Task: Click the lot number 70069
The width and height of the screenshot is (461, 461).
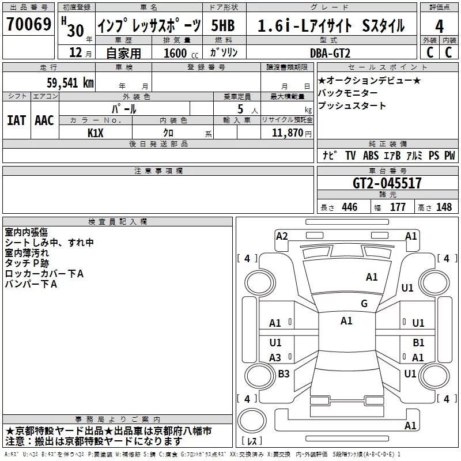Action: pyautogui.click(x=29, y=25)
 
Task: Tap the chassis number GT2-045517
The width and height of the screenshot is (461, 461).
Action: pyautogui.click(x=387, y=183)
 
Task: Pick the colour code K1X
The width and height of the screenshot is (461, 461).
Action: pyautogui.click(x=96, y=132)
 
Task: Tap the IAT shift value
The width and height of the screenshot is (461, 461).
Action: pyautogui.click(x=17, y=120)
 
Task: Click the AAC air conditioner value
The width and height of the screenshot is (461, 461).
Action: pyautogui.click(x=44, y=120)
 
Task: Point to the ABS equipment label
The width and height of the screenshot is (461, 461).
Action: pyautogui.click(x=371, y=156)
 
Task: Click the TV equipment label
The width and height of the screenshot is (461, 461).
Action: pyautogui.click(x=350, y=156)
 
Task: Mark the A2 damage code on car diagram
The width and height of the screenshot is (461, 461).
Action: pyautogui.click(x=282, y=236)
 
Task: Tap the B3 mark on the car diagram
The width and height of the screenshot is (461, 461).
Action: pyautogui.click(x=284, y=374)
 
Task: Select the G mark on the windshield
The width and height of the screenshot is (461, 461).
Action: pyautogui.click(x=364, y=304)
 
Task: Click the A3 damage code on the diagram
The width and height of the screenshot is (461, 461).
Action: pyautogui.click(x=275, y=358)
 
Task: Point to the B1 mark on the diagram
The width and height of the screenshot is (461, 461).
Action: pyautogui.click(x=418, y=343)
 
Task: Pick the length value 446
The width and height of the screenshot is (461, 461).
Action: pyautogui.click(x=349, y=207)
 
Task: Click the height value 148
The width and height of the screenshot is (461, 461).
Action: pyautogui.click(x=444, y=207)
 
